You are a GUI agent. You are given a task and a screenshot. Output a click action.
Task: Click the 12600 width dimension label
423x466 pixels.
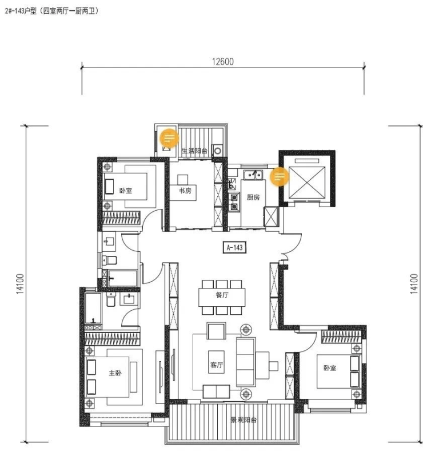click(222, 61)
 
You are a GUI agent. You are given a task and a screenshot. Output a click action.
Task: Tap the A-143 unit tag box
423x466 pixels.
click(234, 247)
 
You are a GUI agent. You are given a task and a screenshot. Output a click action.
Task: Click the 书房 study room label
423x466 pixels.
click(185, 191)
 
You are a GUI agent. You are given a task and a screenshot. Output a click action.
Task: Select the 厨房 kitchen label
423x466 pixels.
click(253, 197)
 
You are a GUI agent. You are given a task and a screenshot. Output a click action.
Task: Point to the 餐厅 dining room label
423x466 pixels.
click(222, 295)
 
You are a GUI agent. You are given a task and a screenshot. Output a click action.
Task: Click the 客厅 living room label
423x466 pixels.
click(217, 365)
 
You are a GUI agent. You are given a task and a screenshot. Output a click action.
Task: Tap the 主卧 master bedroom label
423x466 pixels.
click(115, 373)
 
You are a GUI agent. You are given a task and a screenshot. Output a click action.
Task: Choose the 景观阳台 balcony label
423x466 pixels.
click(244, 420)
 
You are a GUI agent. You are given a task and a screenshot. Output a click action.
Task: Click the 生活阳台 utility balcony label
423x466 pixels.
click(195, 151)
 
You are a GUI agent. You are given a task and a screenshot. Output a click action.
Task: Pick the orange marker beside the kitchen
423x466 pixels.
click(279, 177)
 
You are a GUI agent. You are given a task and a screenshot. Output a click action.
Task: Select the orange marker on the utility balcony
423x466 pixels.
click(169, 138)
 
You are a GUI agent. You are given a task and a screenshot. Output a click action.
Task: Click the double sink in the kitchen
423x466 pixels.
click(253, 175)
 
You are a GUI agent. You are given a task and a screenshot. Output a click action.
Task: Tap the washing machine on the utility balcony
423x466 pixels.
click(218, 151)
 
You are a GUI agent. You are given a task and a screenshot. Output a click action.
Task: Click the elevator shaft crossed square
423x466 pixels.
click(307, 182)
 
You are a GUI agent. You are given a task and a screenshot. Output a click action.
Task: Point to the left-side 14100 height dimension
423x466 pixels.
click(20, 284)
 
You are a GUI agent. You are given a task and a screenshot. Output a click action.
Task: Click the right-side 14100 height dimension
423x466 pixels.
click(414, 284)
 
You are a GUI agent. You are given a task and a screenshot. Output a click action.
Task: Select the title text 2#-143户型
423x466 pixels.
click(21, 11)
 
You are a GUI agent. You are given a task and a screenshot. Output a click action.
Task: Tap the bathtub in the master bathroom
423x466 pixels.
click(93, 308)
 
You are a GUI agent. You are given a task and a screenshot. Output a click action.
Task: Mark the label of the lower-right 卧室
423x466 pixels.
click(330, 368)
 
